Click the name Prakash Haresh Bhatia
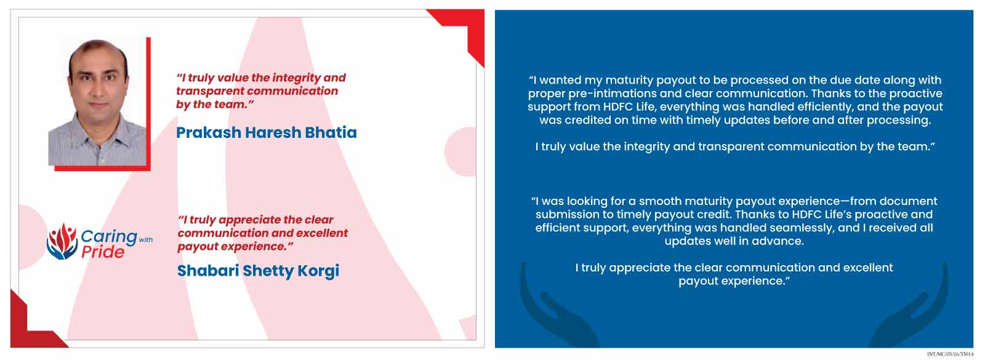point(267,132)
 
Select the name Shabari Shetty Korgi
point(258,270)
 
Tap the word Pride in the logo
point(103,252)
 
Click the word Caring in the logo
point(108,236)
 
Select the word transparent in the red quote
point(209,92)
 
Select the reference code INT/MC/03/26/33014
point(951,354)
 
